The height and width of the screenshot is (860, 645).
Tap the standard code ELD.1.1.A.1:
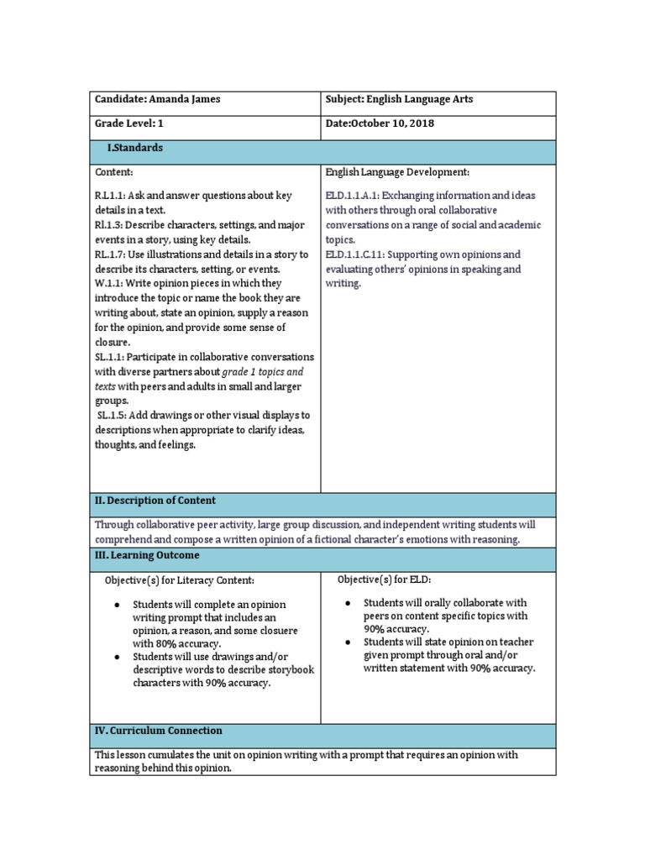pyautogui.click(x=356, y=195)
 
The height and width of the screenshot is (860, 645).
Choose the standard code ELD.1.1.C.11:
pyautogui.click(x=359, y=254)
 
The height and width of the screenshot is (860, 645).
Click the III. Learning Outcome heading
pyautogui.click(x=147, y=556)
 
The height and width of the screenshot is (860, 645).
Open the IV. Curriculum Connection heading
pyautogui.click(x=158, y=731)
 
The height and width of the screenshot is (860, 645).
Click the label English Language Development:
pyautogui.click(x=397, y=171)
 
